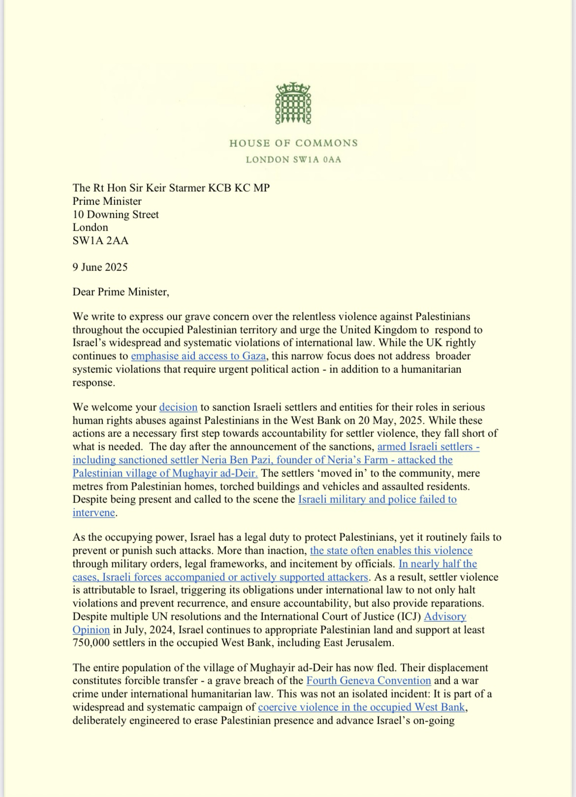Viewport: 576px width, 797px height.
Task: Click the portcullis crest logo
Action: pyautogui.click(x=293, y=104)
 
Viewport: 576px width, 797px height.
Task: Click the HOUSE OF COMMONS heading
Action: pyautogui.click(x=293, y=143)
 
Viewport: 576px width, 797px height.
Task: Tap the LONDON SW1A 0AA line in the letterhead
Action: pyautogui.click(x=293, y=160)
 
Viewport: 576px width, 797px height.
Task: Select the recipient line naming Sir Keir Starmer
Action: pyautogui.click(x=171, y=188)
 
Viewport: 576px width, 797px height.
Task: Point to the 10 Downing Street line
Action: pyautogui.click(x=116, y=214)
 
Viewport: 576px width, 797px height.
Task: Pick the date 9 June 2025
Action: pyautogui.click(x=100, y=267)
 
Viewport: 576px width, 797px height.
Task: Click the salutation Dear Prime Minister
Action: pyautogui.click(x=121, y=292)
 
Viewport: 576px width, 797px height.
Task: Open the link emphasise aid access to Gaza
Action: pyautogui.click(x=198, y=356)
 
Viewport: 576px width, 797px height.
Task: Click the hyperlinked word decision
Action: pyautogui.click(x=178, y=407)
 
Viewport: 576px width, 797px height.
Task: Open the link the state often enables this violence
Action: pyautogui.click(x=391, y=550)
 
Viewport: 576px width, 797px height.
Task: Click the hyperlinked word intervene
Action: pyautogui.click(x=94, y=512)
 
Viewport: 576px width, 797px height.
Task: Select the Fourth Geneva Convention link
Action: pyautogui.click(x=368, y=681)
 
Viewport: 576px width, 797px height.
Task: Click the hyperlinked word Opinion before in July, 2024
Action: pyautogui.click(x=91, y=630)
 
